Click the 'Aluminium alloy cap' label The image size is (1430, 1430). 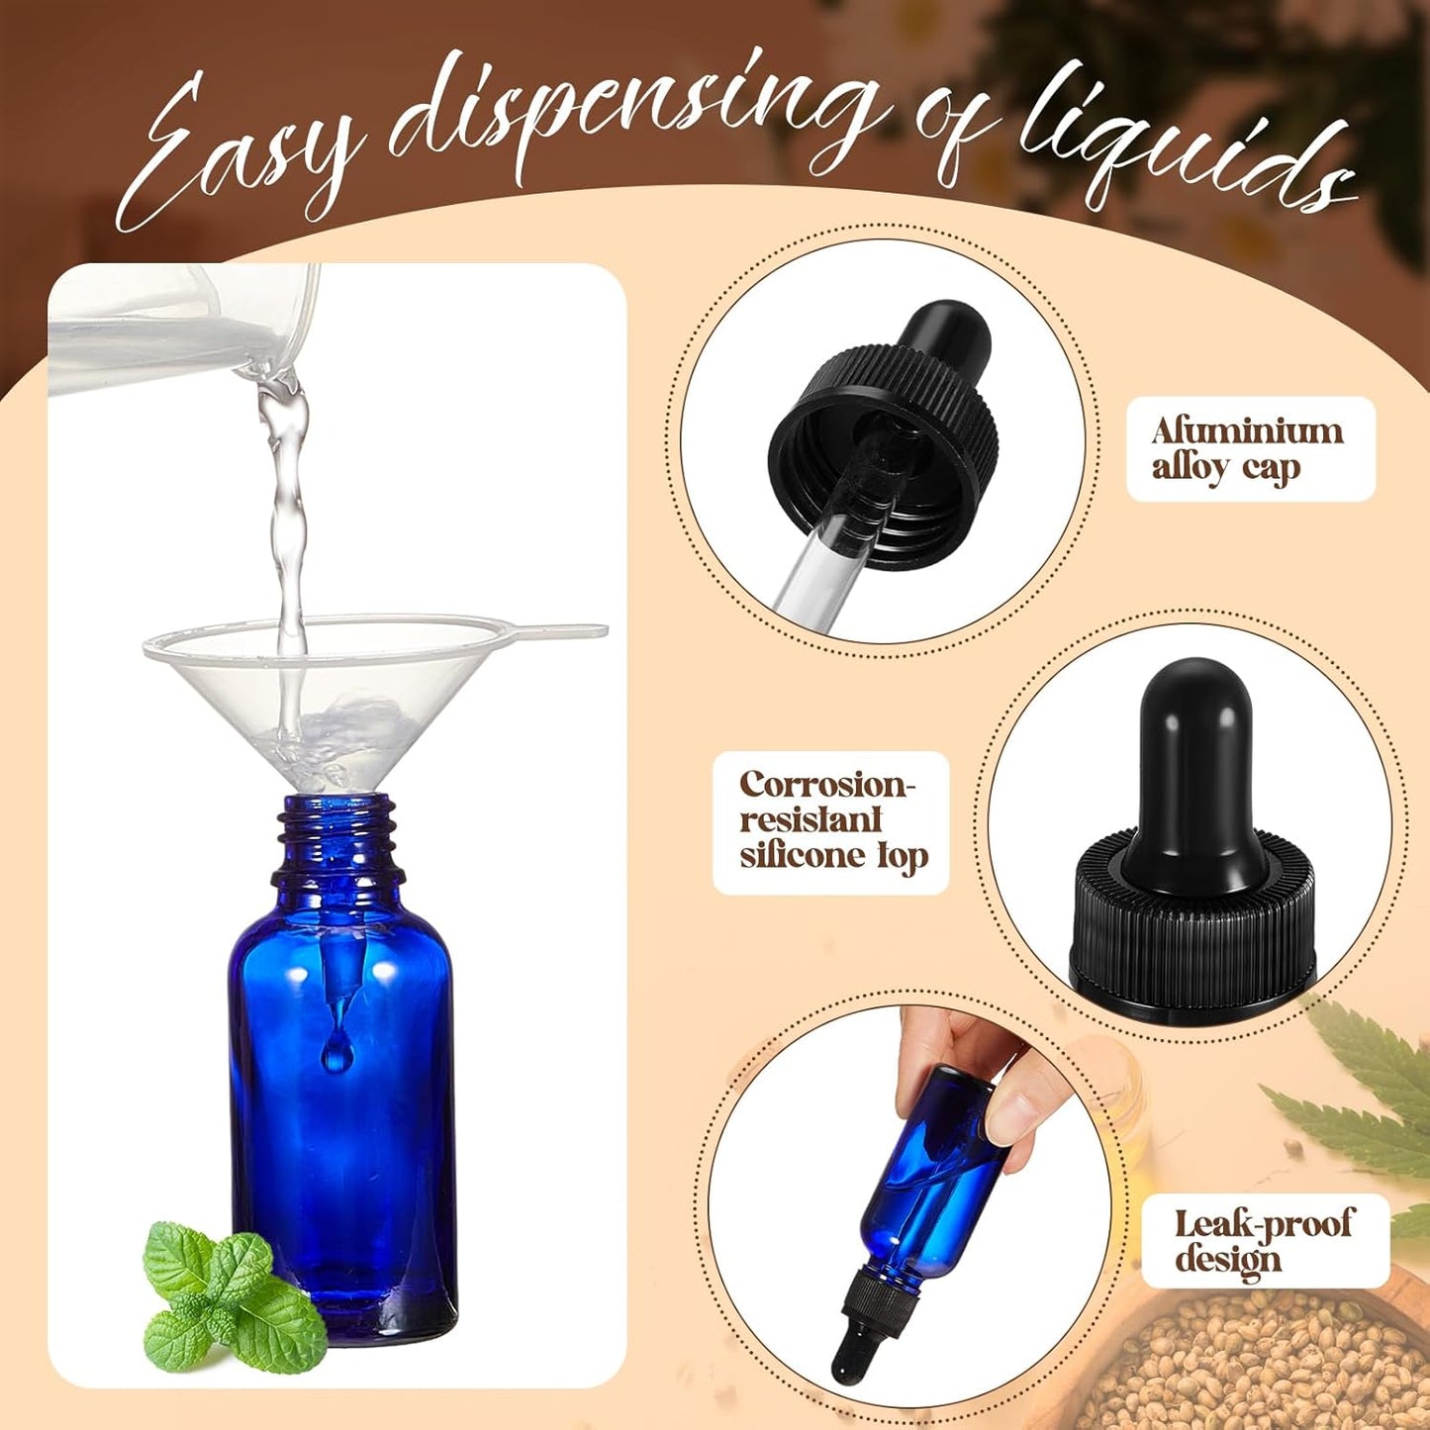(x=1249, y=449)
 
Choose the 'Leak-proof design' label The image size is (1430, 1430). (x=1264, y=1241)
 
